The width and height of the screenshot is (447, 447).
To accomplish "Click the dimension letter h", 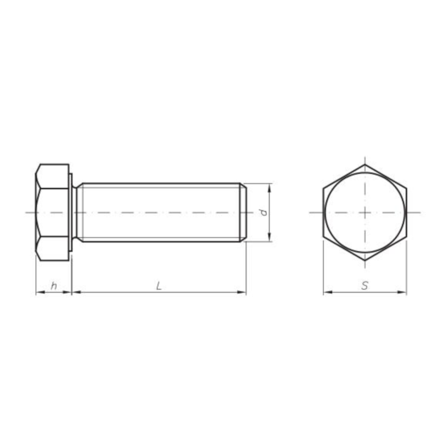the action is point(54,285).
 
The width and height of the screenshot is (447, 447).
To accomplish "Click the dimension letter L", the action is point(159,285).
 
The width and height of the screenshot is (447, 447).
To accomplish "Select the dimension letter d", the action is point(263,212).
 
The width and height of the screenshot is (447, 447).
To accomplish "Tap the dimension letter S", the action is point(365,285).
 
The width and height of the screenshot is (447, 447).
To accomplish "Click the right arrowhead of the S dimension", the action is point(402,292).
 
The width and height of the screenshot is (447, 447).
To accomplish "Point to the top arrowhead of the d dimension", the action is point(269,188).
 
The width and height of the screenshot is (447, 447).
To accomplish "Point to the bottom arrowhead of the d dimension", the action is point(269,237).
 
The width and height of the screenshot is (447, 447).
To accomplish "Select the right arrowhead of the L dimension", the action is point(241,292).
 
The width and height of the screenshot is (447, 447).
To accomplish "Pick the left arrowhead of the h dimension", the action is point(41,292).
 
